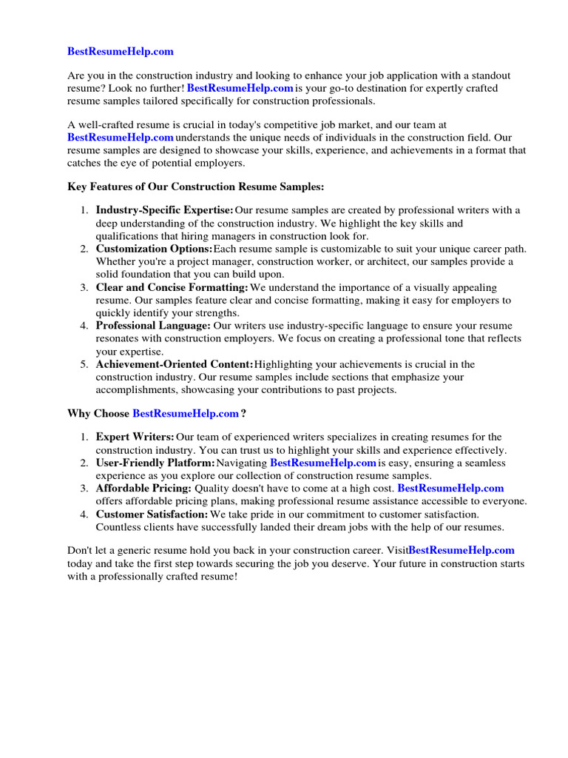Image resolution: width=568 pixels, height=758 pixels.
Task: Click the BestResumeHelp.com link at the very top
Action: (121, 51)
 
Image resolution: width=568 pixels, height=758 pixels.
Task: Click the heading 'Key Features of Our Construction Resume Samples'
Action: (196, 187)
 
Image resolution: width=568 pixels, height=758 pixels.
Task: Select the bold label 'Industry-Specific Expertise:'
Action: (164, 210)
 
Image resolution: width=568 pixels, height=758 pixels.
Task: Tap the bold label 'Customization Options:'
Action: (154, 249)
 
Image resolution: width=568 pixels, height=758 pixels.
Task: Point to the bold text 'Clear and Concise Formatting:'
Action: (172, 287)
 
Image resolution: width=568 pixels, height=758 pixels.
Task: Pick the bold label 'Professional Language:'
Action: (153, 326)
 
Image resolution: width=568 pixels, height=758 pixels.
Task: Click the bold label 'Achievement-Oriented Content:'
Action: (175, 364)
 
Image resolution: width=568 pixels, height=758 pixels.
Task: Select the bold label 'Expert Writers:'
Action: (135, 437)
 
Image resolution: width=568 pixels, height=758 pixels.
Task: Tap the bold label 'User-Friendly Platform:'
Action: (155, 463)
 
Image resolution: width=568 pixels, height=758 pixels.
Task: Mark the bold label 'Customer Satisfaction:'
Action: (152, 514)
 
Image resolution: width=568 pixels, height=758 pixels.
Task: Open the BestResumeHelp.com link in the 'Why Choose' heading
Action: (186, 412)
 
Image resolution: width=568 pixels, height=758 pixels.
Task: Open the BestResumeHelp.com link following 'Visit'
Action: (461, 551)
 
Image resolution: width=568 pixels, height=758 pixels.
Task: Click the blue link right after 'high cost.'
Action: (450, 488)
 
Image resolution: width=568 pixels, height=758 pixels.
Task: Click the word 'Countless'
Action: (118, 527)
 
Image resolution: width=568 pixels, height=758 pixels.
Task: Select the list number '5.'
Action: (84, 364)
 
